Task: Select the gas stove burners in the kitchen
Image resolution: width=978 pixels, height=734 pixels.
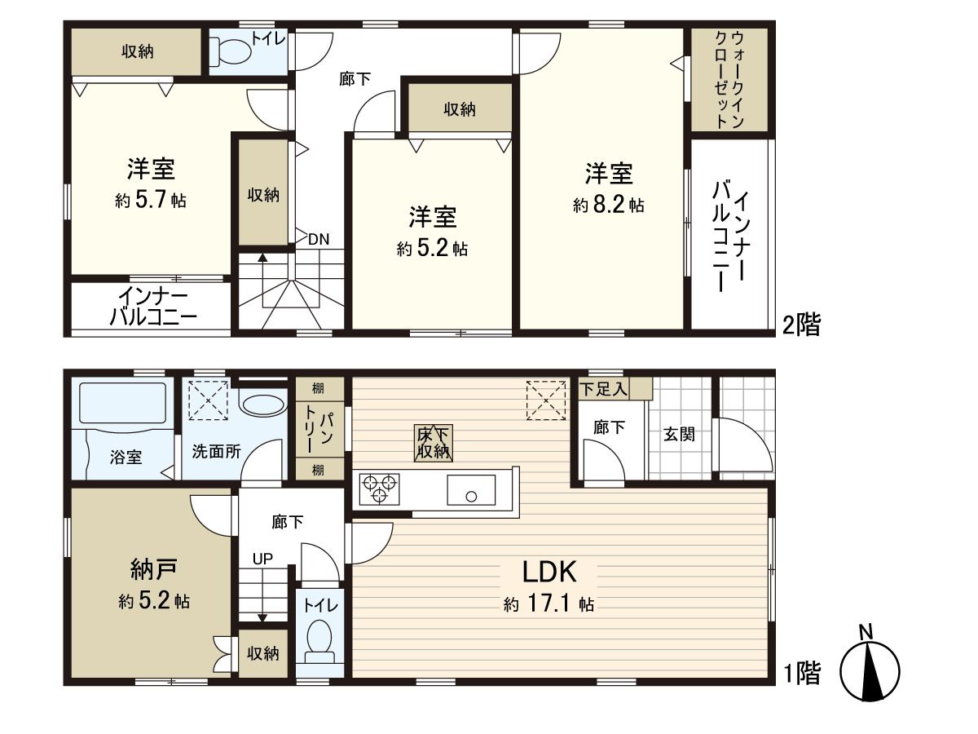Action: coord(379,487)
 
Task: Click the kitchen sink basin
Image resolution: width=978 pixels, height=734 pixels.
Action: coord(470,490)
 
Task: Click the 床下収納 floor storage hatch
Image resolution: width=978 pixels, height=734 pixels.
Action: coord(433,443)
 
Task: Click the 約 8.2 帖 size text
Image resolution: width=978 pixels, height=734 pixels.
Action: coord(609,206)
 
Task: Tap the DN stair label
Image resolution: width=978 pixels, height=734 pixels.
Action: coord(319,239)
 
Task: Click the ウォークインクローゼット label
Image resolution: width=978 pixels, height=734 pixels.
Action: coord(729,79)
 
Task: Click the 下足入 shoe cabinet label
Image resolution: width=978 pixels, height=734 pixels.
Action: coord(603,389)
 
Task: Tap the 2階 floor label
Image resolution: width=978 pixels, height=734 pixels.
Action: coord(801,325)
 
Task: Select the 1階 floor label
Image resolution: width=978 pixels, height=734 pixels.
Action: coord(802,673)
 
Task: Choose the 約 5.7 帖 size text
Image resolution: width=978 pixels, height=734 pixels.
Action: coord(151,200)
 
